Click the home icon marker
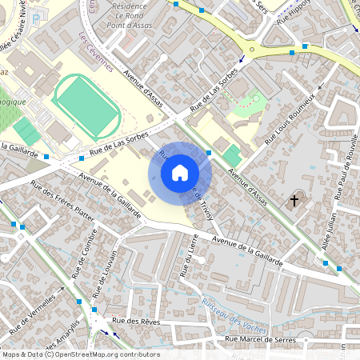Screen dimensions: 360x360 point(180,172)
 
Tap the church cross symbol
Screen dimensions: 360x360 point(294,199)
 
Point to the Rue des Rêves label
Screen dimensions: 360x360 point(138,321)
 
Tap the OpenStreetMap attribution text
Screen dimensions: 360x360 point(80,354)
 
